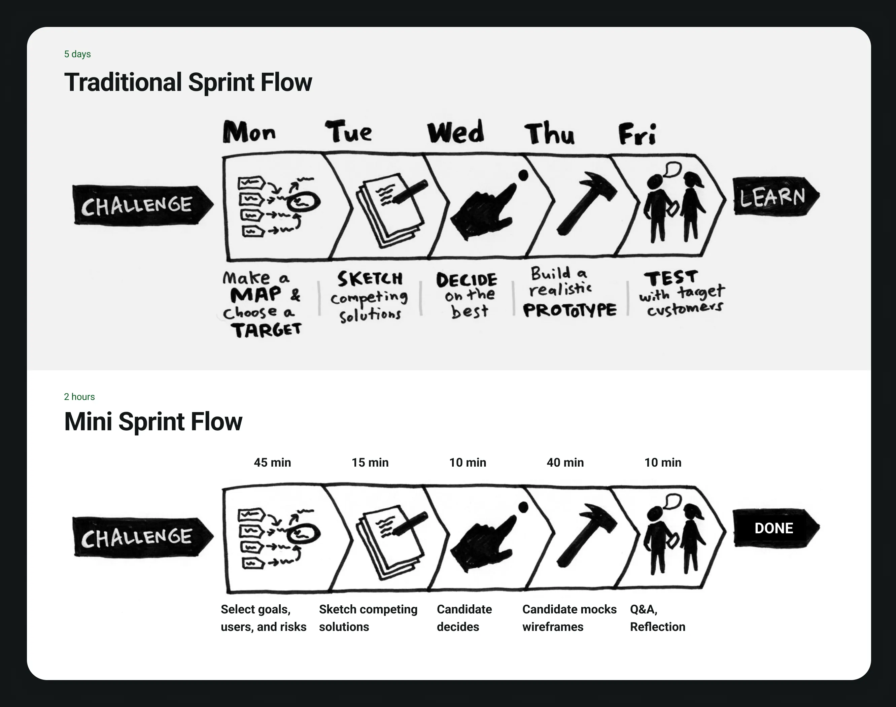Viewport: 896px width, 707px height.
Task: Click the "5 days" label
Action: [77, 54]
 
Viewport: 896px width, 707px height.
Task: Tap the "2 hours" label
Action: [79, 397]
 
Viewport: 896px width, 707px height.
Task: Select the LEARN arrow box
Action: [774, 197]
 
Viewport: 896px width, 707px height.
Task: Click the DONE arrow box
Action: [774, 528]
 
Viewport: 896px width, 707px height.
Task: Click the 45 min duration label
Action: [272, 462]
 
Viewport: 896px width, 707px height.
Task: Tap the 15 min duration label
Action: [370, 462]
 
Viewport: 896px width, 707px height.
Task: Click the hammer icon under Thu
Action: [586, 203]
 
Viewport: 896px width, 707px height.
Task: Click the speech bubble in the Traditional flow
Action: [673, 169]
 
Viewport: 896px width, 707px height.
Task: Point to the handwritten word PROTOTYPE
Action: [570, 310]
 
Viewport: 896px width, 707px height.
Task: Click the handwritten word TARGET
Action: [266, 330]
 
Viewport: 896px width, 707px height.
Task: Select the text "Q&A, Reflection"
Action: [657, 618]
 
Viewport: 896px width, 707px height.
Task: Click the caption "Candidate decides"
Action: [464, 618]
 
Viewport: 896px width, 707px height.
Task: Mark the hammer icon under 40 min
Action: [586, 535]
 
